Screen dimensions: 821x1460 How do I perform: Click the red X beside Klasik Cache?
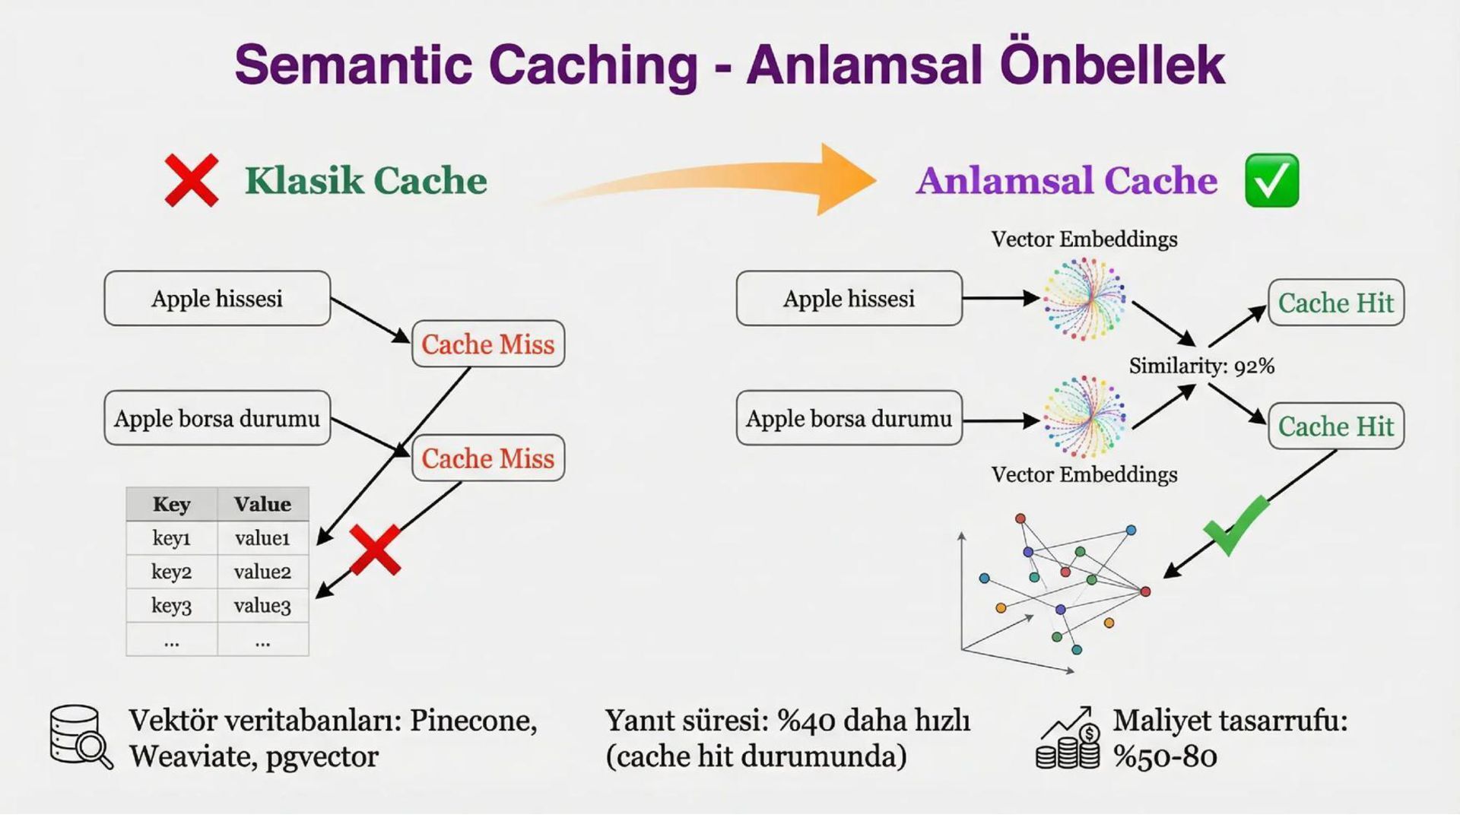click(192, 180)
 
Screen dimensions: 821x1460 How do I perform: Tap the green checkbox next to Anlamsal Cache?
click(1271, 181)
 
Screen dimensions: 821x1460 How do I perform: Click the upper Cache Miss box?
click(488, 344)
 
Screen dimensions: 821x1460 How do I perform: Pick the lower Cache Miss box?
click(488, 458)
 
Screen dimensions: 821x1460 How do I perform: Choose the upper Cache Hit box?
click(1336, 303)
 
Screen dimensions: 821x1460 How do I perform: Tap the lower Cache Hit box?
click(1336, 426)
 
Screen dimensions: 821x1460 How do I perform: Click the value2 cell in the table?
click(262, 572)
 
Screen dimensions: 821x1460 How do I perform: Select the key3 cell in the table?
click(171, 606)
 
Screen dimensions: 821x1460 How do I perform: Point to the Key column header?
click(171, 504)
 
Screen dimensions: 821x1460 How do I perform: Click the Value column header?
click(262, 504)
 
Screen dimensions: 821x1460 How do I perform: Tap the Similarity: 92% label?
click(1201, 366)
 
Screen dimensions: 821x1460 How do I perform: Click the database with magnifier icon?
click(80, 737)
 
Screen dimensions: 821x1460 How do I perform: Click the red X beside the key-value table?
click(375, 550)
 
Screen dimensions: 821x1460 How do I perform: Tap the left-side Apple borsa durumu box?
click(217, 418)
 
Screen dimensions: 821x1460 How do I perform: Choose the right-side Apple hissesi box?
click(849, 299)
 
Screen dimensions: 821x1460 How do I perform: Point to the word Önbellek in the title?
click(1112, 65)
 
